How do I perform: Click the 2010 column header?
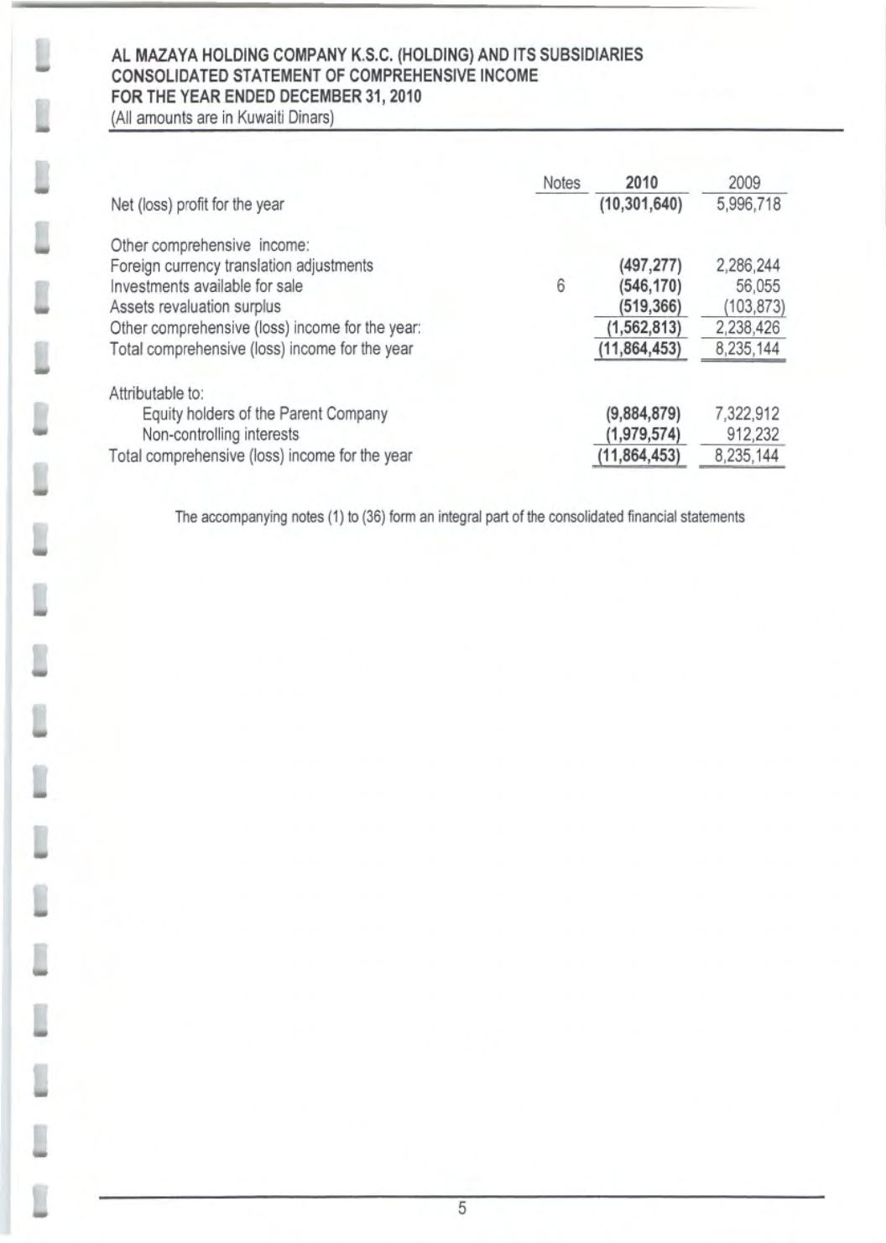point(642,183)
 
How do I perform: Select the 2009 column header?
point(744,183)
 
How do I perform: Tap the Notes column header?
point(561,183)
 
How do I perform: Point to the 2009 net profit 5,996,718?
point(748,204)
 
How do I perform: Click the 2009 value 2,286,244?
point(748,266)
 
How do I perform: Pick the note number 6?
point(560,286)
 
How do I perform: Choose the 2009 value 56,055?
point(758,286)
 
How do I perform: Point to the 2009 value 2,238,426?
point(748,327)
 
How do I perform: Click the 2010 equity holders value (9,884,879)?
point(643,413)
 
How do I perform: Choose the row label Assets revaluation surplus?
point(195,307)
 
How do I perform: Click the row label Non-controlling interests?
point(221,434)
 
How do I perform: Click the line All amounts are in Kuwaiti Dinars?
point(223,117)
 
